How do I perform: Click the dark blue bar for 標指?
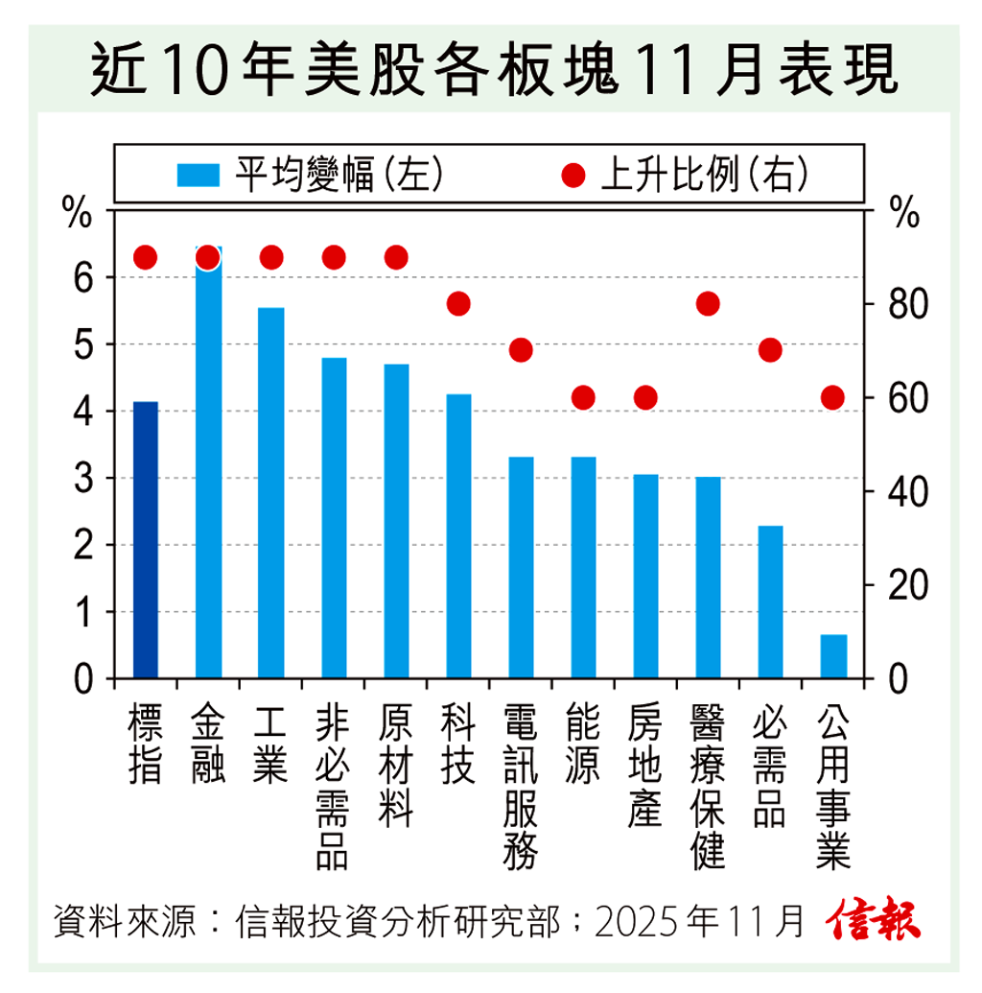(x=145, y=540)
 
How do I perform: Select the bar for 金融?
(x=208, y=470)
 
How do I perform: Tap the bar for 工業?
(x=271, y=493)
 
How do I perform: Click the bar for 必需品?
(x=770, y=602)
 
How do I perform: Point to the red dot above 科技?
(x=458, y=304)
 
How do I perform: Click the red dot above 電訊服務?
(x=521, y=350)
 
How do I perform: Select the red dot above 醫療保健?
(x=708, y=304)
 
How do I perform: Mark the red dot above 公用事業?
(x=833, y=397)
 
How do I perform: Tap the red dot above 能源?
(x=583, y=397)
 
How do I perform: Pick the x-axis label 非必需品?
(x=333, y=787)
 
